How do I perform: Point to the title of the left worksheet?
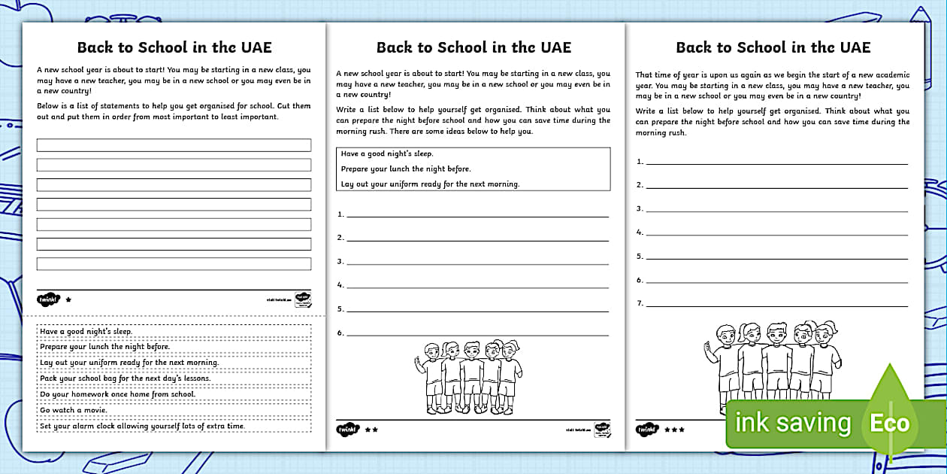coord(174,47)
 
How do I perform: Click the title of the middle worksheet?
coord(473,47)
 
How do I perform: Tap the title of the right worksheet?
coord(773,47)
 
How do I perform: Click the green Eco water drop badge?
coord(890,421)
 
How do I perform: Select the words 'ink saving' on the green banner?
coord(792,423)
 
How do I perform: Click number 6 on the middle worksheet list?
coord(340,333)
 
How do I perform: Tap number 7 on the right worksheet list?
coord(640,304)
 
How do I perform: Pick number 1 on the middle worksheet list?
coord(340,214)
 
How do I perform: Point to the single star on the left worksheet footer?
coord(68,299)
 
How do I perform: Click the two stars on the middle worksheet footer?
coord(371,430)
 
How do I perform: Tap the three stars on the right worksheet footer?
coord(673,430)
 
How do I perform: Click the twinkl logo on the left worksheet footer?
coord(47,299)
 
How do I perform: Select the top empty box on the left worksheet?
coord(174,145)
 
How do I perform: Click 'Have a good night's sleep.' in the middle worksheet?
coord(387,154)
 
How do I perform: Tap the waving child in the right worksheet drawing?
coord(723,361)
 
